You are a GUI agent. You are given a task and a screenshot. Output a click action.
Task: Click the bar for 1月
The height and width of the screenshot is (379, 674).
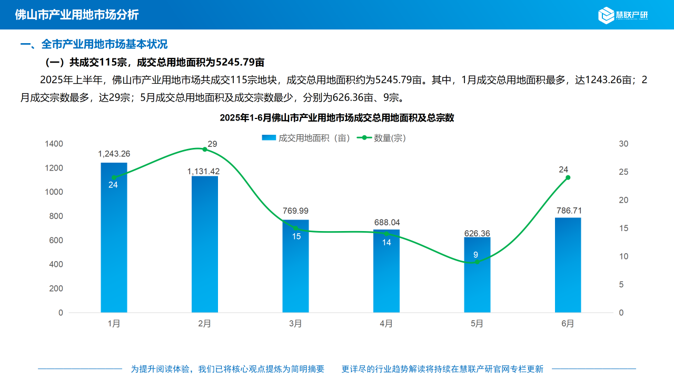point(114,242)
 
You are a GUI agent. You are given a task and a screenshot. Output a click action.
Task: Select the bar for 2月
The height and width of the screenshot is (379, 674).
point(205,247)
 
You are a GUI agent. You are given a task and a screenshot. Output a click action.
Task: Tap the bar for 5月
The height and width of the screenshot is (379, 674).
point(477,279)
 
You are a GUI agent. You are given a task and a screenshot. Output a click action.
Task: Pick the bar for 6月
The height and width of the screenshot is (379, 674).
point(568,266)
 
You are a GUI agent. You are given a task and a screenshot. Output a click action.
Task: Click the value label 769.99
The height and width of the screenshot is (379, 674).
point(295,211)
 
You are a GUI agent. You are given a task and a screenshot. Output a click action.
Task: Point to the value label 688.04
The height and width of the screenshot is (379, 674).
point(386,223)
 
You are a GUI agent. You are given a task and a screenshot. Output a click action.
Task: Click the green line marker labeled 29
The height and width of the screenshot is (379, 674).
point(205,149)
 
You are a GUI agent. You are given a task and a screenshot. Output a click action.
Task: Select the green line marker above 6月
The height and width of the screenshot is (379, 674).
point(568,177)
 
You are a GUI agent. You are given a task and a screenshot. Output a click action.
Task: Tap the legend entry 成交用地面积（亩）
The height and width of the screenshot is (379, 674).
point(306,138)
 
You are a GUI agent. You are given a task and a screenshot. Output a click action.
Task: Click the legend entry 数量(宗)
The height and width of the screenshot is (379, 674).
point(382,138)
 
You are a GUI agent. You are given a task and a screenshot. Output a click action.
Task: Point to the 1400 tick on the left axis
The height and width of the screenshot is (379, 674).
point(54,144)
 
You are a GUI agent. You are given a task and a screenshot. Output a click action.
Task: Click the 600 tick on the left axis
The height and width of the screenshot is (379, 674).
point(56,241)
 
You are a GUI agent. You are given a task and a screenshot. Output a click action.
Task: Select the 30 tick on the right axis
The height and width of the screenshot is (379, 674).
point(623,144)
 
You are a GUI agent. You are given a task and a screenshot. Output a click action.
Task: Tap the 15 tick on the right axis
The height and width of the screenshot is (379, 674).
point(623,228)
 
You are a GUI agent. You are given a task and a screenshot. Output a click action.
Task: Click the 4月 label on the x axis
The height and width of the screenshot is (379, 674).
point(386,324)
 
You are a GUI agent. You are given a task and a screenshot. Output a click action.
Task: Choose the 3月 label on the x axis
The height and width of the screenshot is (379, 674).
point(295,324)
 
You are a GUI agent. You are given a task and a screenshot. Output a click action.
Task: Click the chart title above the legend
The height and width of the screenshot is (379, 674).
point(337,118)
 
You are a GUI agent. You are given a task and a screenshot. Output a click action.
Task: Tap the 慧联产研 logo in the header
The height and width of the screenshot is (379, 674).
point(623,15)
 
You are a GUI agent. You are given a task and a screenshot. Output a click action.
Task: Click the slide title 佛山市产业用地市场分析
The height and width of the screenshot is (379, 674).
point(76,15)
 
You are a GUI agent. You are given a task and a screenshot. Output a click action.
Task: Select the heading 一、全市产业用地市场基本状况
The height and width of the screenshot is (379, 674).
point(94,45)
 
